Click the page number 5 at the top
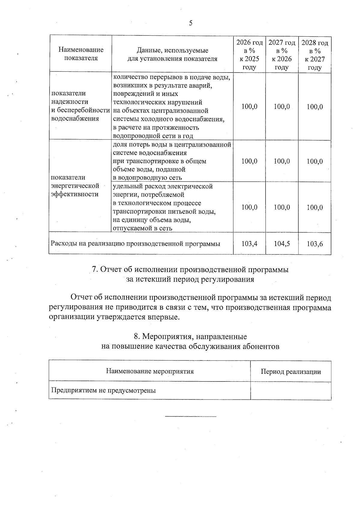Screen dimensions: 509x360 [190, 23]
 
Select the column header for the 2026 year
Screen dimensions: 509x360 [249, 55]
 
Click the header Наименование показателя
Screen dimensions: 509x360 [81, 54]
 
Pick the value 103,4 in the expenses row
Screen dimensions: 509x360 [249, 244]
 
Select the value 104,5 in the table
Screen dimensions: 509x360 [282, 244]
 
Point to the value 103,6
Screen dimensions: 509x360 [315, 244]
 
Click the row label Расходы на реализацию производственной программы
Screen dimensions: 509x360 [135, 244]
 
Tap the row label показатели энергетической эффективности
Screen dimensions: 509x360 [75, 186]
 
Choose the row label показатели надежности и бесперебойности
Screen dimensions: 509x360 [80, 106]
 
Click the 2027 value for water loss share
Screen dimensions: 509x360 [282, 161]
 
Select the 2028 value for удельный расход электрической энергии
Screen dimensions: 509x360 [315, 208]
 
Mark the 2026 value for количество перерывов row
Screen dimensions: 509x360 [249, 107]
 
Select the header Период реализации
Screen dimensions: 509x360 [291, 372]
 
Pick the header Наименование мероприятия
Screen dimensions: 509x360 [150, 371]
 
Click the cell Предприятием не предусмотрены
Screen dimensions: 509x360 [103, 391]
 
